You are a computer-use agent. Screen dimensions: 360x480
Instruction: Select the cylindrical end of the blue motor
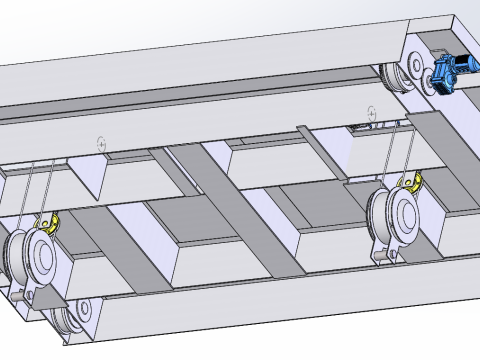467,62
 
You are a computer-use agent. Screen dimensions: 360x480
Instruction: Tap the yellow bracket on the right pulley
410,182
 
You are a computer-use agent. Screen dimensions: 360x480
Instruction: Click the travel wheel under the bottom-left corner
68,322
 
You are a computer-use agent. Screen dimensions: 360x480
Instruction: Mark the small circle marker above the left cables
100,143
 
